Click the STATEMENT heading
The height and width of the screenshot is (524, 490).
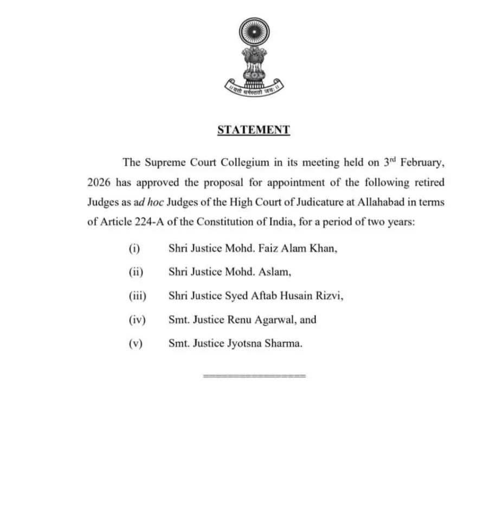[x=253, y=130]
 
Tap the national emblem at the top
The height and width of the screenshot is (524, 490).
[x=254, y=54]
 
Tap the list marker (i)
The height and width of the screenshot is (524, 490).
[x=134, y=248]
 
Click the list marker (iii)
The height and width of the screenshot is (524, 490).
[x=137, y=296]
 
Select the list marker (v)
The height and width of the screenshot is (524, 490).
[x=135, y=344]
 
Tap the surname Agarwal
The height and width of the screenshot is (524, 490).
[x=275, y=320]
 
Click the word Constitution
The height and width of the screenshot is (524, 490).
[x=223, y=222]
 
